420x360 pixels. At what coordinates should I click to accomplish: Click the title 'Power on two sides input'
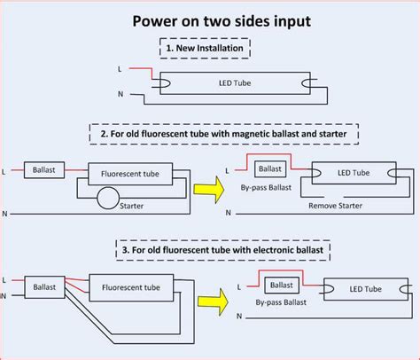pyautogui.click(x=222, y=21)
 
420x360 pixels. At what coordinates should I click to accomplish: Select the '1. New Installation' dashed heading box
pyautogui.click(x=205, y=48)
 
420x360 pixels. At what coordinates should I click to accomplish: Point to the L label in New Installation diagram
pyautogui.click(x=120, y=69)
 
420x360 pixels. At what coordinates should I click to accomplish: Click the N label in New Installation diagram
pyautogui.click(x=121, y=94)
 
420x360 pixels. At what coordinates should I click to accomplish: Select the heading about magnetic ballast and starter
pyautogui.click(x=224, y=134)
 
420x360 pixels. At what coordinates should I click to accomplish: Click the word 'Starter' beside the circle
pyautogui.click(x=131, y=206)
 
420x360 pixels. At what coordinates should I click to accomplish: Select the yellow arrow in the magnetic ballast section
pyautogui.click(x=209, y=190)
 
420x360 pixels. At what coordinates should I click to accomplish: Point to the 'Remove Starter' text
pyautogui.click(x=335, y=206)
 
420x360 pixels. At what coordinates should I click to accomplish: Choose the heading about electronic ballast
pyautogui.click(x=223, y=250)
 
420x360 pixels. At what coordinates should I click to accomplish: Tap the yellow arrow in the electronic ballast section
pyautogui.click(x=213, y=301)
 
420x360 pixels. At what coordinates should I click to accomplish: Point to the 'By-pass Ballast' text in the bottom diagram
pyautogui.click(x=281, y=302)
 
